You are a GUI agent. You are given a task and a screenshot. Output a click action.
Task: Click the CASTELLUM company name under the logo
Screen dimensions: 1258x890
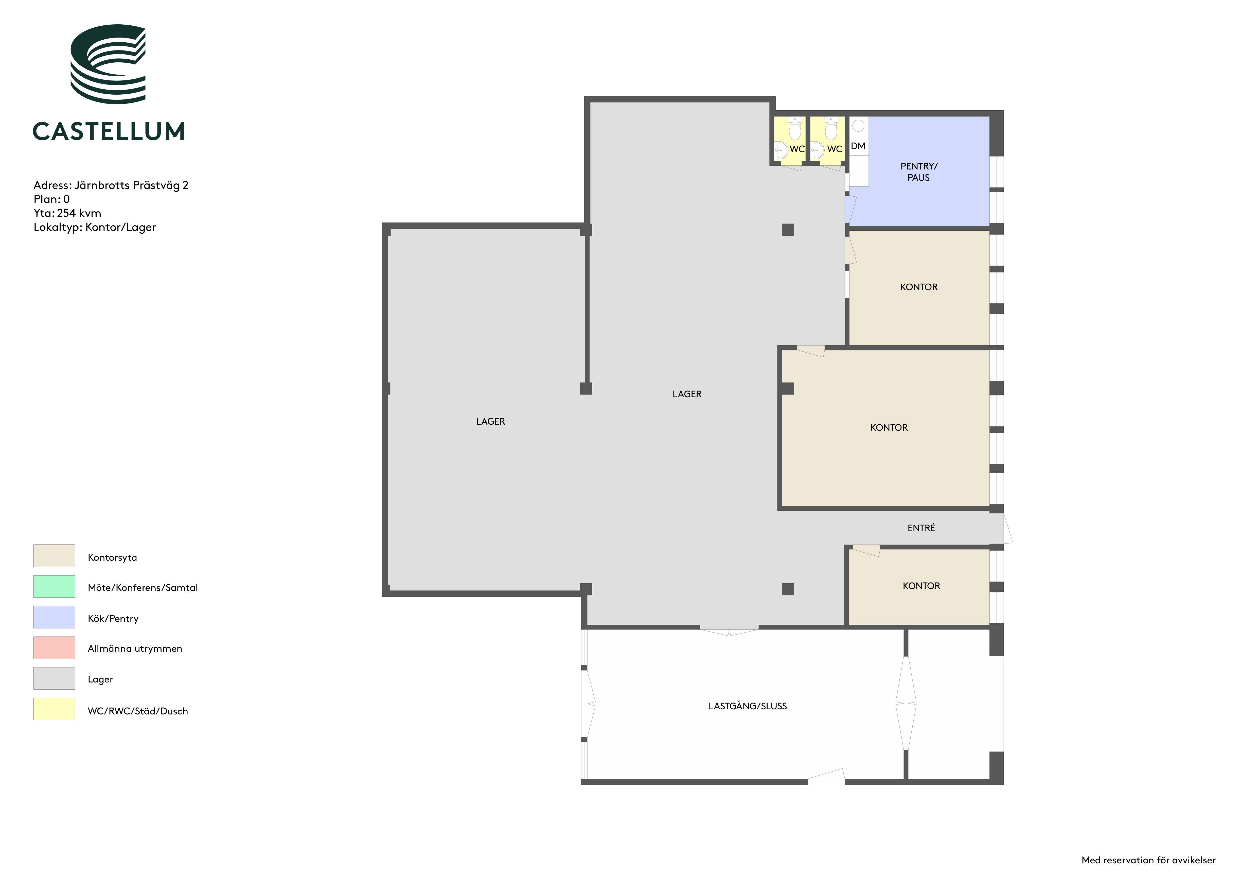point(109,131)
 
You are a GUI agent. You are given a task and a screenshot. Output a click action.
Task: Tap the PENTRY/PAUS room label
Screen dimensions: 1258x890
point(919,172)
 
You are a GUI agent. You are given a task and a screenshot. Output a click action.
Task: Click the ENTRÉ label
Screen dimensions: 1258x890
point(921,528)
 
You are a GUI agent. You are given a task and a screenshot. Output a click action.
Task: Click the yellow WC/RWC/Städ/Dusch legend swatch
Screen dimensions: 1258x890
point(54,709)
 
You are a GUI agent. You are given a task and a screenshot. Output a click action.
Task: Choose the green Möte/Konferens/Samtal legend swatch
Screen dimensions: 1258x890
point(54,586)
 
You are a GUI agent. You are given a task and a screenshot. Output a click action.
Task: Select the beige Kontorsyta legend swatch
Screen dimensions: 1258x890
point(54,556)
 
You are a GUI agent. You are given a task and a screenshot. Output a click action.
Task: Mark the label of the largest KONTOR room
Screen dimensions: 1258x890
point(889,427)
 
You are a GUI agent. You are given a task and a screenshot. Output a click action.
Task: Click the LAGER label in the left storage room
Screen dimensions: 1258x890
point(490,421)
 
